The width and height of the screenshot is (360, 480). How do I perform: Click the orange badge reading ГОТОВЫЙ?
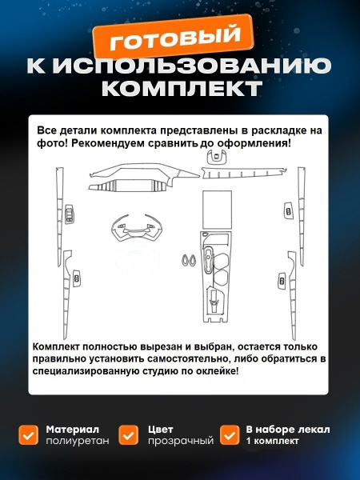[x=174, y=36]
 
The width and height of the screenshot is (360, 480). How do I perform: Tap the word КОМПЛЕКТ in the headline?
[x=182, y=89]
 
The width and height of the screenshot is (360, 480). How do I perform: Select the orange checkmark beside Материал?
[x=29, y=434]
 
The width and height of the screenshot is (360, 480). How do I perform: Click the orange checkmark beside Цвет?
[x=129, y=434]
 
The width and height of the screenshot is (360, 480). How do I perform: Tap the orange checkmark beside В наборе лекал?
[x=230, y=434]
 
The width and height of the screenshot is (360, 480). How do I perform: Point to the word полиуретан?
[x=78, y=441]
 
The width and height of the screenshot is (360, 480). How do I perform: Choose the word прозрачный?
[x=181, y=441]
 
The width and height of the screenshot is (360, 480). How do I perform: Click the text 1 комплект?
[x=273, y=441]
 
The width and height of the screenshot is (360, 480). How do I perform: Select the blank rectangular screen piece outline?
[x=217, y=209]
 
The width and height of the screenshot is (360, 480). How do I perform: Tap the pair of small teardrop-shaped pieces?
[x=190, y=259]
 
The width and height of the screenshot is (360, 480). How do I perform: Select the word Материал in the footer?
[x=73, y=430]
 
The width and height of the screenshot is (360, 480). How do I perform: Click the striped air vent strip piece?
[x=128, y=186]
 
